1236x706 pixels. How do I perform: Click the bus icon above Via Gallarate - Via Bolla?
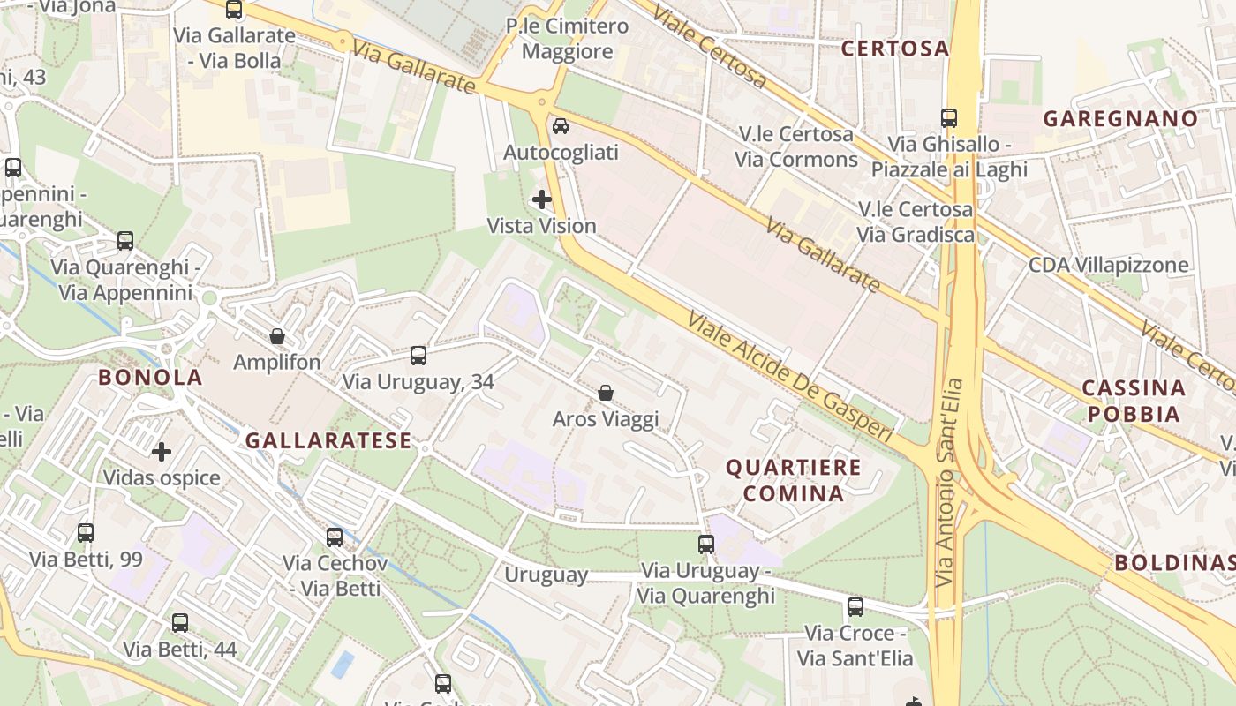click(234, 10)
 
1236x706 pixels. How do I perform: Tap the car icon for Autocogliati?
click(561, 126)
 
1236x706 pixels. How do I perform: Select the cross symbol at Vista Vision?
click(542, 199)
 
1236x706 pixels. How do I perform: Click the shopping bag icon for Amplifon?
click(277, 336)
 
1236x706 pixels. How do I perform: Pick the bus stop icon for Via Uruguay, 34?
click(418, 356)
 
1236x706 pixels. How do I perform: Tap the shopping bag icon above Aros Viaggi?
click(606, 393)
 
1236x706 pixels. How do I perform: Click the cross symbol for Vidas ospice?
click(162, 452)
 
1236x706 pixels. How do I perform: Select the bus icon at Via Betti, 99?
click(86, 532)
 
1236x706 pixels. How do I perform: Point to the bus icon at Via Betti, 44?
click(180, 623)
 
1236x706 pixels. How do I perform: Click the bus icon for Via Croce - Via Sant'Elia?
click(855, 607)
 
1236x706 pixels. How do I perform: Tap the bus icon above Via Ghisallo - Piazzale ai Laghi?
click(949, 117)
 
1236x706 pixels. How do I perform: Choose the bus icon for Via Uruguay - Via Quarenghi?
click(706, 545)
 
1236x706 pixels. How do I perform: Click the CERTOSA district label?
click(894, 49)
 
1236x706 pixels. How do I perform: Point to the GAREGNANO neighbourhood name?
click(1120, 118)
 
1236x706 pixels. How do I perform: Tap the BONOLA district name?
click(150, 378)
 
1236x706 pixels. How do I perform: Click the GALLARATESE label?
click(328, 440)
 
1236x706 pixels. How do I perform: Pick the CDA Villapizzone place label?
click(1108, 265)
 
